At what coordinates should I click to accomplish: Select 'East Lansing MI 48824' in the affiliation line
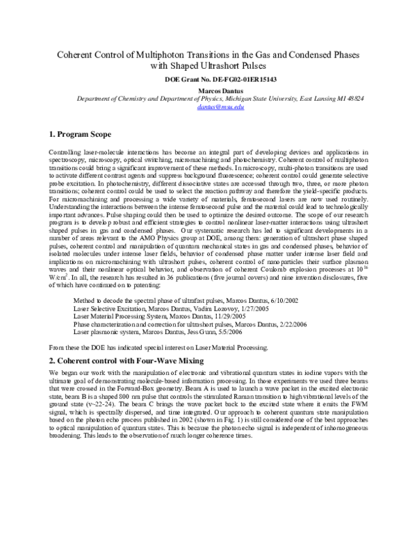[331, 99]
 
